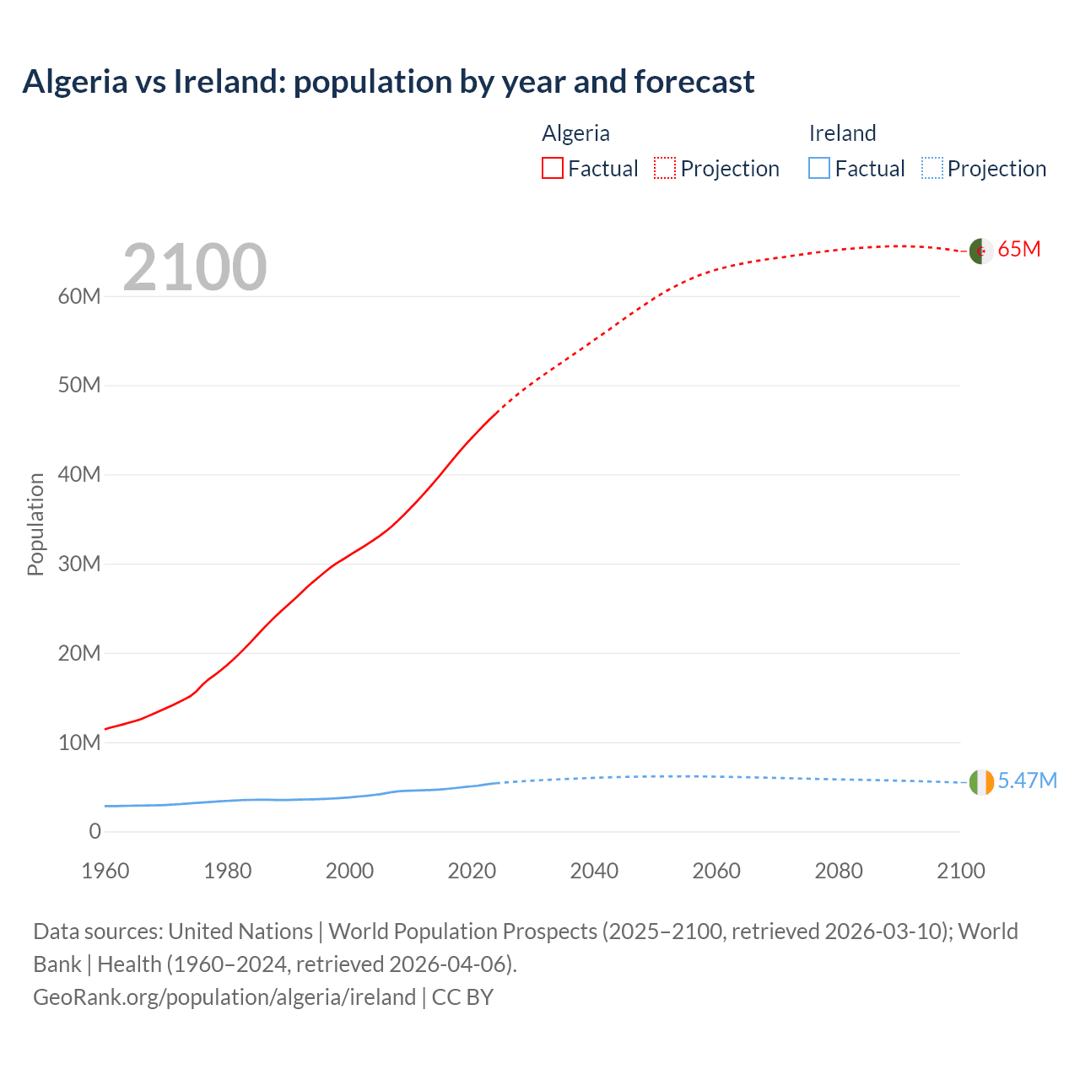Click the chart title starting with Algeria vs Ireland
388,82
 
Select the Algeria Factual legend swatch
552,168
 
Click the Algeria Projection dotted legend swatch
665,168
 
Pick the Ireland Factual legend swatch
819,168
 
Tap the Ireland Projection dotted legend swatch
932,168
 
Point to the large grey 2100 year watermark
195,267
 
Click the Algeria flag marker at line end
980,251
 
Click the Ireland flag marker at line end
981,782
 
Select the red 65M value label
1019,250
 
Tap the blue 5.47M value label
1027,780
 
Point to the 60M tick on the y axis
79,296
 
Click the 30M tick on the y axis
79,564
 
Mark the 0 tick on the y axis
94,831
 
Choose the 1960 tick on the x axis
105,871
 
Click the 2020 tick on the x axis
472,871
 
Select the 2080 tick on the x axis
839,871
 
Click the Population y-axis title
35,524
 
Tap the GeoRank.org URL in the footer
224,997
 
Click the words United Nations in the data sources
240,931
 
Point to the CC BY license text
462,997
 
